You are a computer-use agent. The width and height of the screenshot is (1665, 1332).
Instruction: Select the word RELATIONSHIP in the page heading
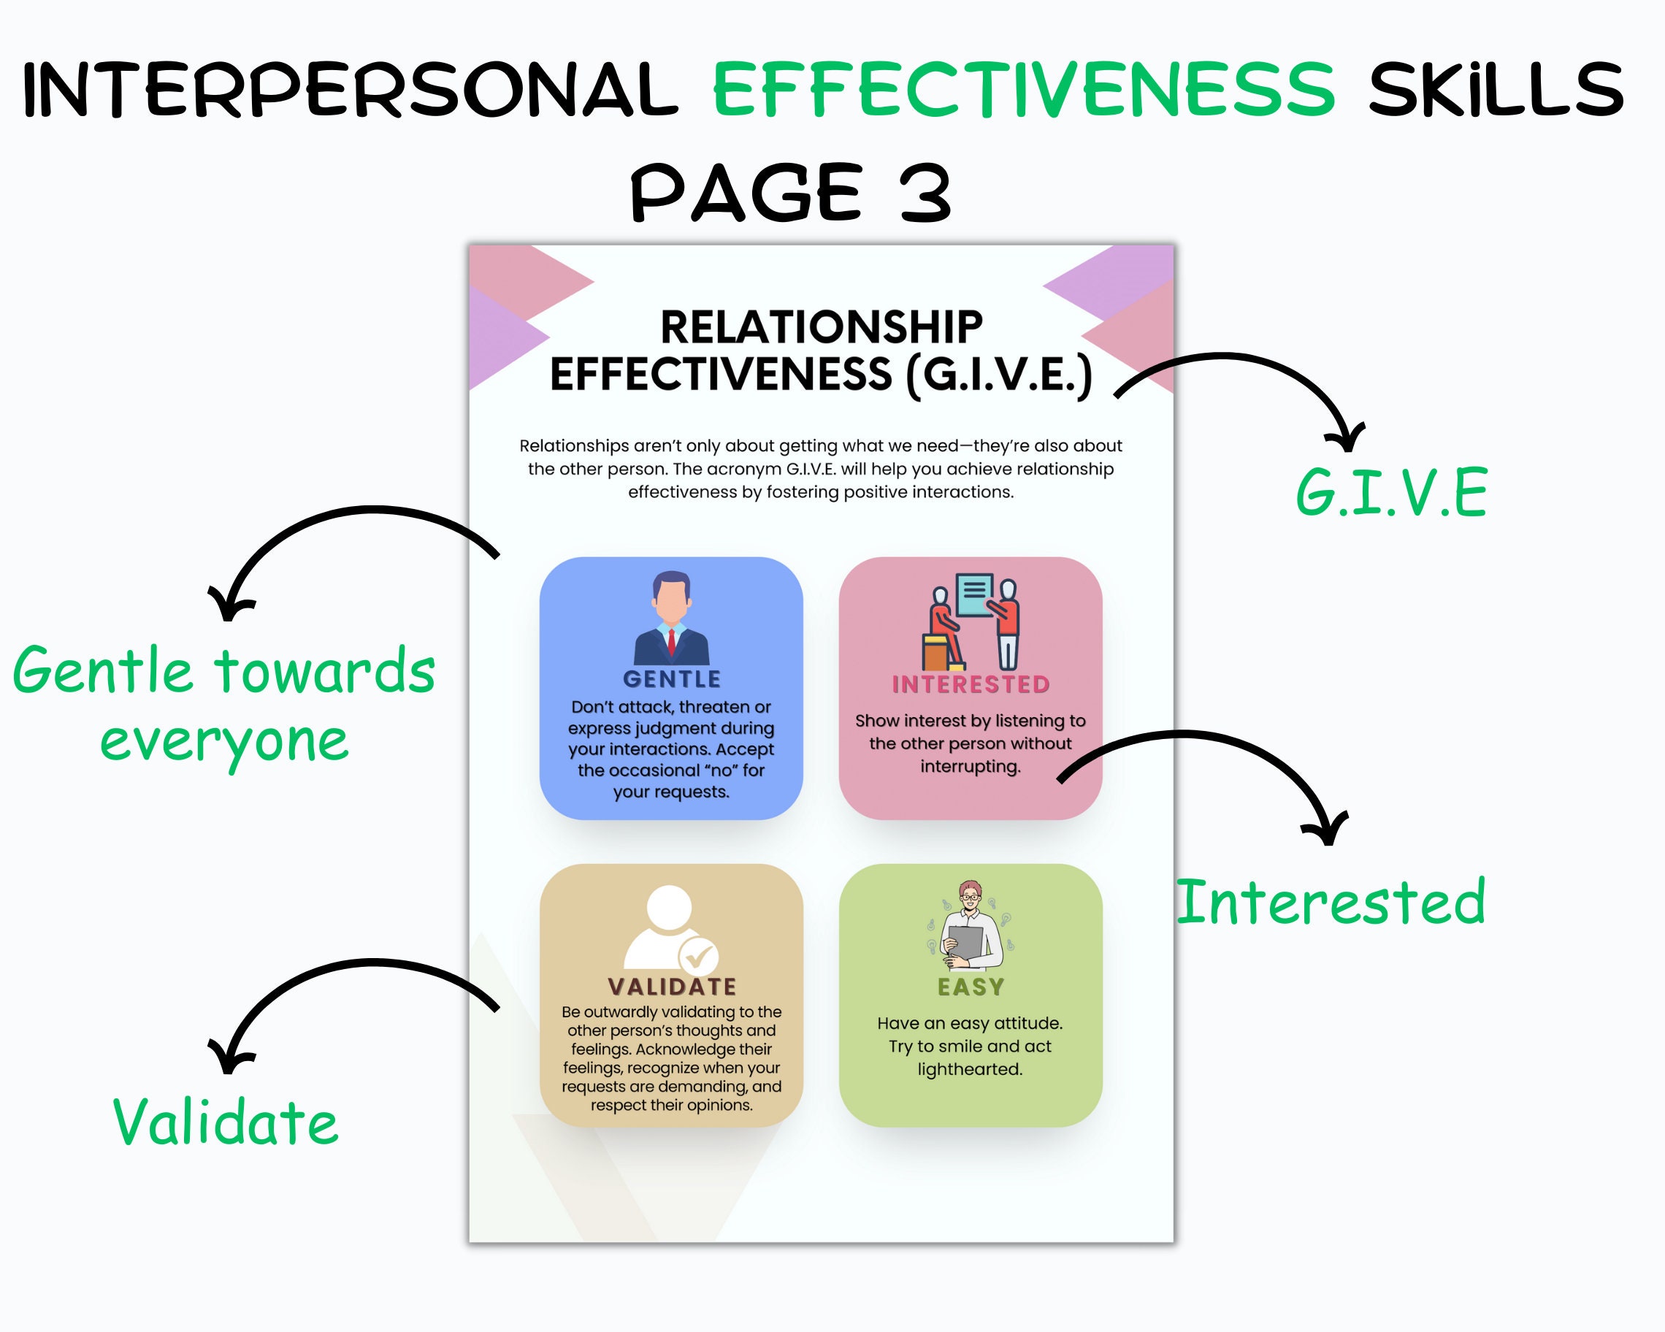pos(821,327)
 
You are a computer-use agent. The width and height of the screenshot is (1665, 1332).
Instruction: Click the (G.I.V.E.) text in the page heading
pos(999,375)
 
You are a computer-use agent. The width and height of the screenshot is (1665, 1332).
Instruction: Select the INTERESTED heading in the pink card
pos(971,684)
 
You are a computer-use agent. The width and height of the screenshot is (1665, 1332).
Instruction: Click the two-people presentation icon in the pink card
pos(971,622)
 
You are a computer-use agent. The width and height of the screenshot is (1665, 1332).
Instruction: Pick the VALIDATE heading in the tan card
pos(672,987)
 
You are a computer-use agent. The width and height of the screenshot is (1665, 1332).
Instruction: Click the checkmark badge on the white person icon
pos(699,958)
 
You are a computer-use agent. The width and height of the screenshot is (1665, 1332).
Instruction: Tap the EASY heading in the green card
pos(971,987)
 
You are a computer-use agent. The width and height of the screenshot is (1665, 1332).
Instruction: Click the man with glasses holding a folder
pos(971,927)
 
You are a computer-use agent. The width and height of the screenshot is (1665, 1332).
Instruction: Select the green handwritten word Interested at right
pos(1330,902)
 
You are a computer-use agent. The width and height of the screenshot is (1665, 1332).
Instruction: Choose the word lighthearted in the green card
pos(970,1069)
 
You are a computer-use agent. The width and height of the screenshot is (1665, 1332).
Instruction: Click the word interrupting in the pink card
pos(970,767)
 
